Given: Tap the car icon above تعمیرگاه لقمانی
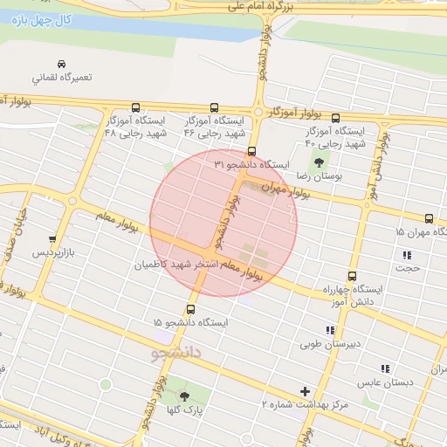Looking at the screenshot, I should [61, 65].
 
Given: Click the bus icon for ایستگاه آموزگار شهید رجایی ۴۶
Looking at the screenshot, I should [215, 107].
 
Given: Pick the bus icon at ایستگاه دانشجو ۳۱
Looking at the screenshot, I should [252, 151].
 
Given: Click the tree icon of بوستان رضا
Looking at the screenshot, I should [318, 162].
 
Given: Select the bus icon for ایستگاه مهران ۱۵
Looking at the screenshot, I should [429, 218].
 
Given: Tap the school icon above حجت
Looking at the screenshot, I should [407, 255].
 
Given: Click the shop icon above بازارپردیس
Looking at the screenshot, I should [53, 238].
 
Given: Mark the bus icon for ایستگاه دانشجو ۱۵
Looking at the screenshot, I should [190, 309].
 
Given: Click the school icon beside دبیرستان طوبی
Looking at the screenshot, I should [329, 330].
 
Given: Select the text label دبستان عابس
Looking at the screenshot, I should [384, 382].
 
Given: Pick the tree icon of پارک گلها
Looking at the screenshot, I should [183, 396].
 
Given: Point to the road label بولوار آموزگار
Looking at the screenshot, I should [296, 113].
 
